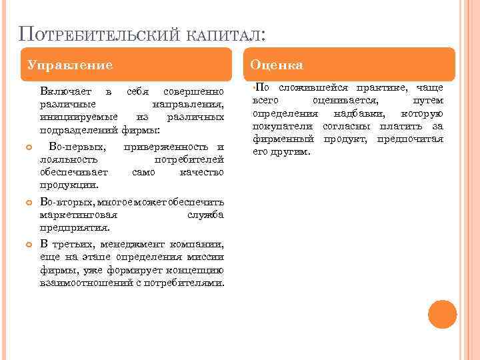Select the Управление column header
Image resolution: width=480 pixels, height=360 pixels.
click(x=69, y=65)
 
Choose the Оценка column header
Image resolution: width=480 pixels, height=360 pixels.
click(x=277, y=65)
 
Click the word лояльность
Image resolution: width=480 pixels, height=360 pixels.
click(x=69, y=159)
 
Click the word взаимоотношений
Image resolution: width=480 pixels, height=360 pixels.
click(x=85, y=283)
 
